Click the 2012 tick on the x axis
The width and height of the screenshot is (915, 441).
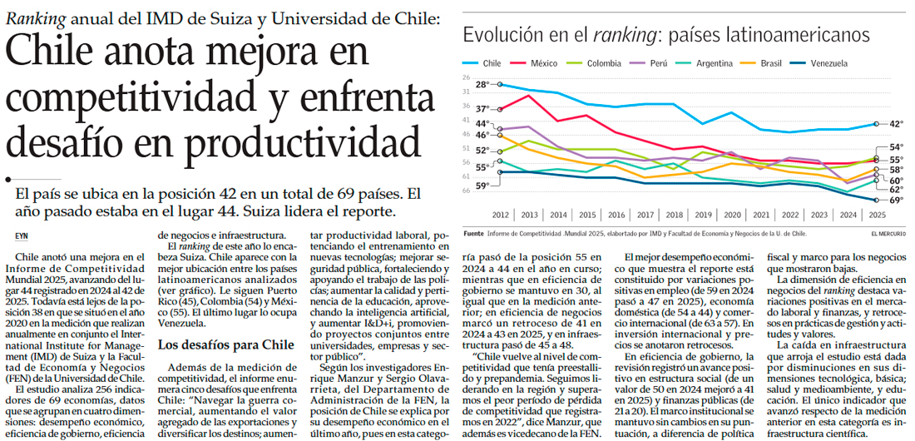[501, 214]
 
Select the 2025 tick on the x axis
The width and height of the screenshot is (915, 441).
[877, 214]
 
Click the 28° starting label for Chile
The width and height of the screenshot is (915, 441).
[482, 85]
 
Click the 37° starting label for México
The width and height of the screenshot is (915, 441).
[482, 109]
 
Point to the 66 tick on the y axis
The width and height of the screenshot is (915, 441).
[467, 190]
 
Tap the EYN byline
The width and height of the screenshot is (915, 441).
[21, 236]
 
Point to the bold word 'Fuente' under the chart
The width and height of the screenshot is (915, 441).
[473, 235]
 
